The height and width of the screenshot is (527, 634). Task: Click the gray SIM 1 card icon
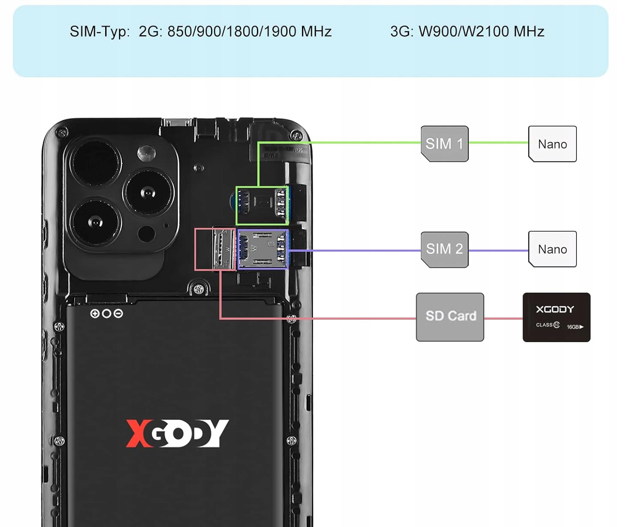[444, 144]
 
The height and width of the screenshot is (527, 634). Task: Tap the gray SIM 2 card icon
[444, 249]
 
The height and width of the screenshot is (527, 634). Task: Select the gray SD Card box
[450, 317]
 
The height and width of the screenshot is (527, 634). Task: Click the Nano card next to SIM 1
[552, 144]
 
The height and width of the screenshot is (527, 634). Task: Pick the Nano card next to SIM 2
[552, 249]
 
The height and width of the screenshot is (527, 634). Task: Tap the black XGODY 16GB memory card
[556, 317]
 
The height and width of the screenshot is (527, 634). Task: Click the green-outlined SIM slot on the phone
[262, 206]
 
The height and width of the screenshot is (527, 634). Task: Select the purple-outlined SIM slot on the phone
[263, 249]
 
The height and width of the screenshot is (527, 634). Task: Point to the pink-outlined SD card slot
[216, 249]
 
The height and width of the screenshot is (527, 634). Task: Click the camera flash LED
[146, 152]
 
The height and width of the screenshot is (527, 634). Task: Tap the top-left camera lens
[95, 162]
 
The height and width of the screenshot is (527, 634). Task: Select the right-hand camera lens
[148, 193]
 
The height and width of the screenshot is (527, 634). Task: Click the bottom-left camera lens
[96, 222]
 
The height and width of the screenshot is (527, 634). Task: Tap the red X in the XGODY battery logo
[137, 433]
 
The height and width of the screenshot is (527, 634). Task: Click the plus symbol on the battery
[95, 314]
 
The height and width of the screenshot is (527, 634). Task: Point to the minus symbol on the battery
[118, 314]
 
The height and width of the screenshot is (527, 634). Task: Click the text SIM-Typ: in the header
[100, 32]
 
